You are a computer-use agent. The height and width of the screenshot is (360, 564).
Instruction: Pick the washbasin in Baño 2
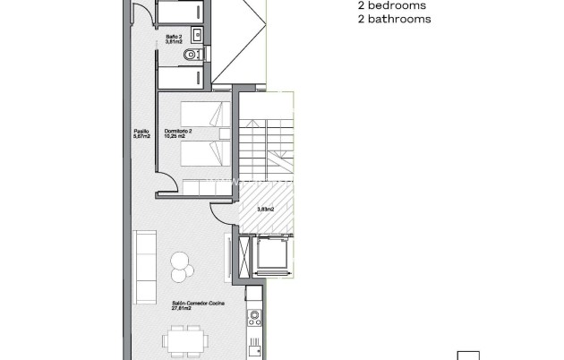coord(198,36)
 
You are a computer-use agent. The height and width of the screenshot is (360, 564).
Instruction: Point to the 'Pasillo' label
coord(141,132)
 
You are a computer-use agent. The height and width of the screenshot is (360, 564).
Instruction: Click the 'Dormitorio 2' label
coord(178,132)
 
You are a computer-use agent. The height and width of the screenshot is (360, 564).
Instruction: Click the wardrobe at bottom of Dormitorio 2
coord(207,189)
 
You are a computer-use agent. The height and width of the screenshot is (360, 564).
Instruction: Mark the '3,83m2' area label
coord(266,210)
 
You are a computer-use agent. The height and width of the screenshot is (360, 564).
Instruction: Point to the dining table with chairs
coord(186,341)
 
